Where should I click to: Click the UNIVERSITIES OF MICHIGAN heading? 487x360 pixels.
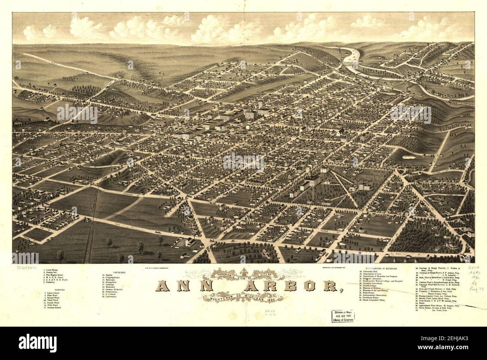click(x=378, y=269)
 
